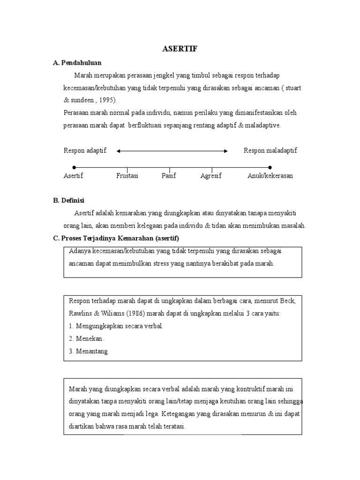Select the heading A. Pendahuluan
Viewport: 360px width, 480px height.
(77, 62)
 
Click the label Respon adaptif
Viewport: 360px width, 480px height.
(85, 150)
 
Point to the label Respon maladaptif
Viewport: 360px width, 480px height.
(270, 150)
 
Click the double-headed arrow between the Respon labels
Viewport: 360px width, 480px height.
(172, 151)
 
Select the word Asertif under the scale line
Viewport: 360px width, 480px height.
(73, 176)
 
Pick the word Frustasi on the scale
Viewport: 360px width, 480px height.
(127, 176)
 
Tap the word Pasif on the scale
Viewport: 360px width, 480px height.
(169, 176)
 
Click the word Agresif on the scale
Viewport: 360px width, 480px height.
(211, 176)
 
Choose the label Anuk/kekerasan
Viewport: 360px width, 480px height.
(270, 176)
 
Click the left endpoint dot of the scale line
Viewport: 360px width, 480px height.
(74, 167)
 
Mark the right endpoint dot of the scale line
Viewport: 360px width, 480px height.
(270, 167)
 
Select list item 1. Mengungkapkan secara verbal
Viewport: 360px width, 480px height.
(116, 326)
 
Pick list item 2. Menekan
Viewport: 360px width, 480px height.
(86, 338)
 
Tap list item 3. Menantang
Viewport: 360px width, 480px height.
(89, 351)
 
